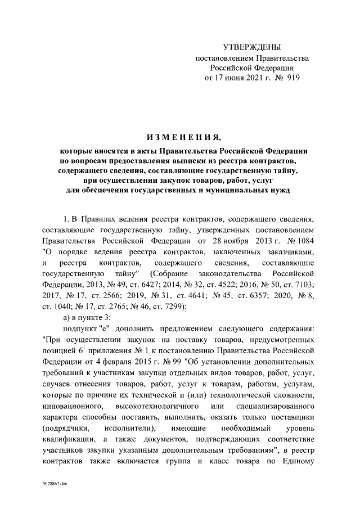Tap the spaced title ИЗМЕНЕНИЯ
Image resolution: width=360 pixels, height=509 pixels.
(179, 138)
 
